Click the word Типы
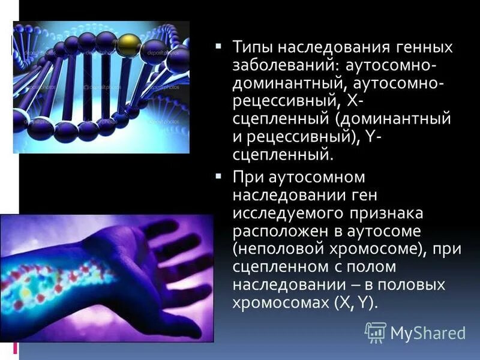pos(253,47)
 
